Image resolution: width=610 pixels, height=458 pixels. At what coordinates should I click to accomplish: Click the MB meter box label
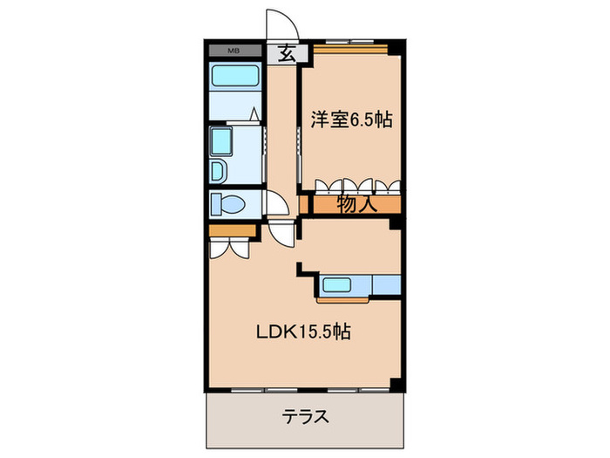click(234, 51)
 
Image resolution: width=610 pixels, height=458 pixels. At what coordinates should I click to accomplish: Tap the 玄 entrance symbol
click(285, 52)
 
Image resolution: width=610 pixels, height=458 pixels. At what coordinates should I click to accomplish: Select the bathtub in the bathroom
click(235, 78)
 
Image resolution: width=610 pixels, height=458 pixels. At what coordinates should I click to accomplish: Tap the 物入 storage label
click(356, 204)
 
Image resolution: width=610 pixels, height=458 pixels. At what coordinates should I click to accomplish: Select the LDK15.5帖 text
click(303, 332)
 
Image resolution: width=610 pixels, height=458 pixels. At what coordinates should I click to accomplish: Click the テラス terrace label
click(306, 415)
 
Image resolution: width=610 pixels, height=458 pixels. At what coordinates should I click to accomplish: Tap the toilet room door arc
click(277, 205)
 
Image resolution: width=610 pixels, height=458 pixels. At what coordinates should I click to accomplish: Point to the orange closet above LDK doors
click(233, 229)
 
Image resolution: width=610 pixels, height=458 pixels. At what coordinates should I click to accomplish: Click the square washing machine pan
click(223, 140)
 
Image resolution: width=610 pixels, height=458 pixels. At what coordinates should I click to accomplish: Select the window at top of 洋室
click(349, 41)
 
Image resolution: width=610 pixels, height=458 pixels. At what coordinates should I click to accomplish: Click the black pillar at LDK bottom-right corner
click(397, 385)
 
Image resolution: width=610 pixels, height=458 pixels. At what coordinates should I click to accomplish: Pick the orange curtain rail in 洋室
click(349, 49)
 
